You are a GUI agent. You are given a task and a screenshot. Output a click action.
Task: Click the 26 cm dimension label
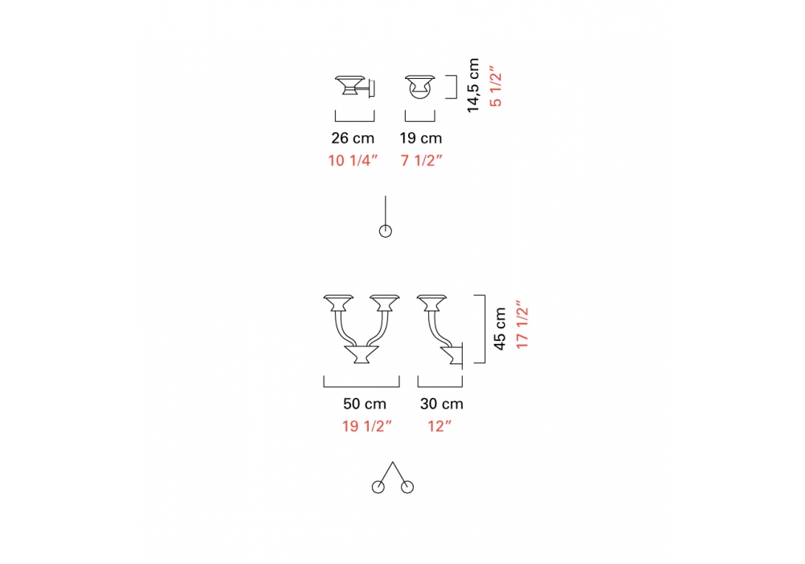pos(353,138)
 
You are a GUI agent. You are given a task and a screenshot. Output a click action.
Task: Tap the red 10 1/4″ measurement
pos(353,160)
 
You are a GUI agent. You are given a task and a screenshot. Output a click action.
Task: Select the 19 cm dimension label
pos(421,138)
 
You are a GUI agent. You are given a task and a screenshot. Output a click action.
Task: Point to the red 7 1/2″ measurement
pos(422,160)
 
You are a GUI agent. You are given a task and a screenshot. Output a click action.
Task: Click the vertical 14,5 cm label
pos(473,85)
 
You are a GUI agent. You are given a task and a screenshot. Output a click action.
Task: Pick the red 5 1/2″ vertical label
pos(495,86)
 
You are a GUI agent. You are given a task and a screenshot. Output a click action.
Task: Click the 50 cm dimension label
pos(365,404)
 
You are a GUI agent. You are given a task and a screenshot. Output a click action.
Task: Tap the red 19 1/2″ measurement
pos(367,426)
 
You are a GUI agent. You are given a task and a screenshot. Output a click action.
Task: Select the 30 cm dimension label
pos(441,404)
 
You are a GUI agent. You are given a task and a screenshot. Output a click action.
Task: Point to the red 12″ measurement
pos(440,426)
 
